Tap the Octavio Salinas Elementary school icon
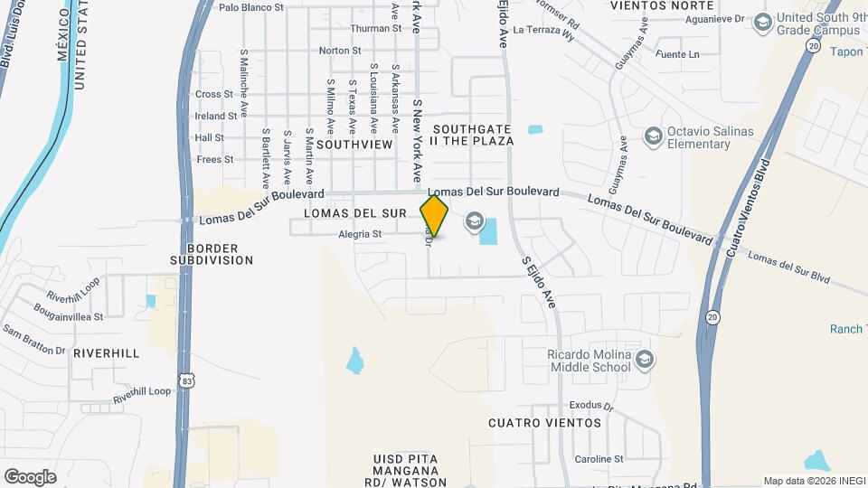pyautogui.click(x=653, y=136)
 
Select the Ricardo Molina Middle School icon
pyautogui.click(x=644, y=361)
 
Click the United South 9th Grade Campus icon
pyautogui.click(x=762, y=22)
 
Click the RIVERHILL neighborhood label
pyautogui.click(x=107, y=353)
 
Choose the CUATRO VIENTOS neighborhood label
pyautogui.click(x=544, y=423)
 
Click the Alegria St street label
pyautogui.click(x=361, y=234)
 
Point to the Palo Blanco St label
pyautogui.click(x=251, y=7)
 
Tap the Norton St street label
pyautogui.click(x=340, y=51)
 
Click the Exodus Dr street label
pyautogui.click(x=591, y=407)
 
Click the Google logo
pyautogui.click(x=30, y=477)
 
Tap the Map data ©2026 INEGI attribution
pyautogui.click(x=813, y=481)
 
